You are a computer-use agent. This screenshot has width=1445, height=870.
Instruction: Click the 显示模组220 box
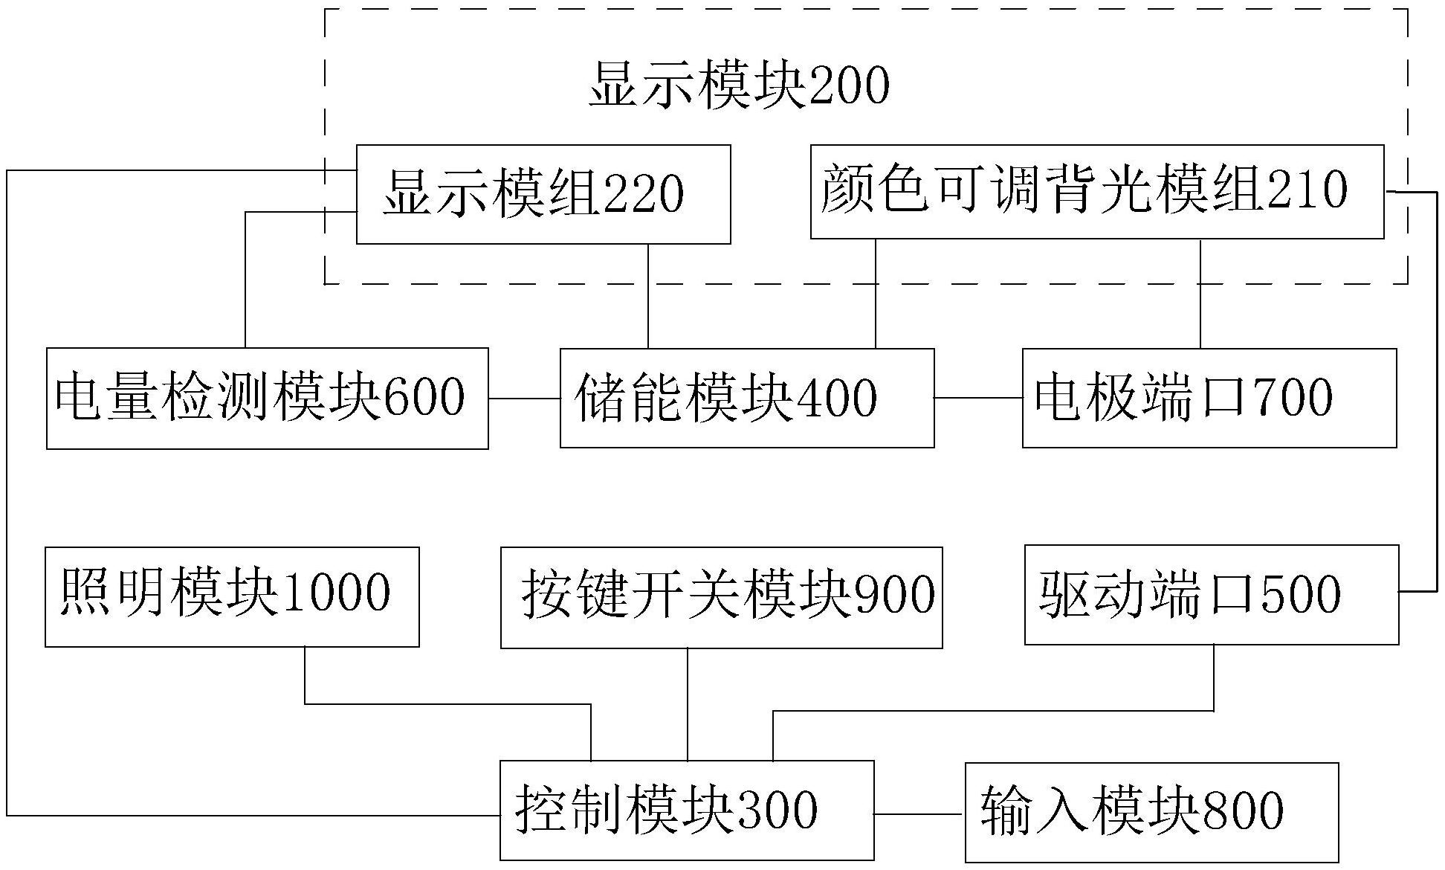543,194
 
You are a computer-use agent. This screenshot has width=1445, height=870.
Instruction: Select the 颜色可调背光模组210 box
1096,191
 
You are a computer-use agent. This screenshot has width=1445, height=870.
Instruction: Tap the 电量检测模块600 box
267,398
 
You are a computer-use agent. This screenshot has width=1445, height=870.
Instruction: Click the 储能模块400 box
746,398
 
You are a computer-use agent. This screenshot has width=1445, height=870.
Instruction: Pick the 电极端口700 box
1209,398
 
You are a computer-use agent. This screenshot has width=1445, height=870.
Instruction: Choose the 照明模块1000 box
232,596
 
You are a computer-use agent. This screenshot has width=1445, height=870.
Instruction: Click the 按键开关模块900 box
721,597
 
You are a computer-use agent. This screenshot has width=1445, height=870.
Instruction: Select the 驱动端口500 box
1211,594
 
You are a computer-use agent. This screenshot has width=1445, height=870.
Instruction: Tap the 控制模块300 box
686,810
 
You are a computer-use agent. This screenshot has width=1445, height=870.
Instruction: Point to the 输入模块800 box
1151,811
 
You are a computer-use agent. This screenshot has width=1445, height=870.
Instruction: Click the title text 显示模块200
739,87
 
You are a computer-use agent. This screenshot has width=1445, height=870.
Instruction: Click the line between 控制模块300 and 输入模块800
919,814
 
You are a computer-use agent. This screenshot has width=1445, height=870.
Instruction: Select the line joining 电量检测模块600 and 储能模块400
524,398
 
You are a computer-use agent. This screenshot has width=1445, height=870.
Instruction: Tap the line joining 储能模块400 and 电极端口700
978,398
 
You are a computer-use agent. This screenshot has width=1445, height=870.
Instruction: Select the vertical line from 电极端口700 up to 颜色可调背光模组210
1200,294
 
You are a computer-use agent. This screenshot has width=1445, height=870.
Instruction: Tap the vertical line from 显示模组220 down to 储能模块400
648,296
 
